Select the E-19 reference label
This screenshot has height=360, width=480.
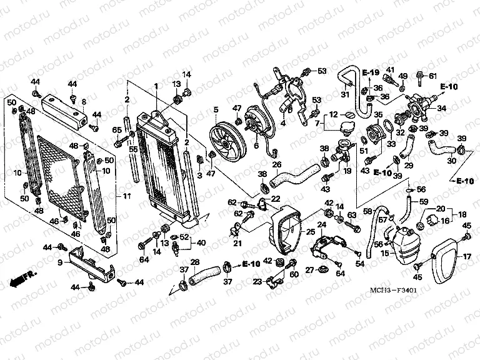click(371, 73)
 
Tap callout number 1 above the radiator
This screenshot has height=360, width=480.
click(156, 86)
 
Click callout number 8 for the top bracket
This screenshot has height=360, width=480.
click(84, 101)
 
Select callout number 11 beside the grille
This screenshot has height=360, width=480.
click(127, 197)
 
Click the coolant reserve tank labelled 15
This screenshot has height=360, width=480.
click(406, 244)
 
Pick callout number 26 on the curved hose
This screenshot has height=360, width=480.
click(277, 165)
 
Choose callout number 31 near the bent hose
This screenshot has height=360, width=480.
click(344, 94)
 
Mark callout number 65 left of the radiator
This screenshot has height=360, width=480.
click(116, 129)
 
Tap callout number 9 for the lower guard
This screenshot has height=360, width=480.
click(61, 263)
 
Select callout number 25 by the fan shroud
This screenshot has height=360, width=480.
click(310, 232)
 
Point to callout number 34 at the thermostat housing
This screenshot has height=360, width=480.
click(441, 108)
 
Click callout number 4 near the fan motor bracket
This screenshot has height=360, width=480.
click(282, 122)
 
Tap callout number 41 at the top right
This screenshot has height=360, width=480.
click(389, 69)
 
